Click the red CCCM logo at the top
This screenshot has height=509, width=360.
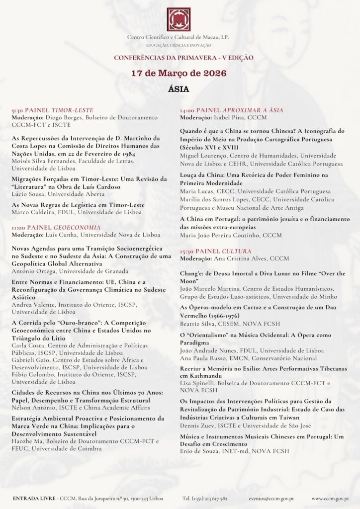pos(179,19)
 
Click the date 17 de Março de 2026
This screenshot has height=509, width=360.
pos(179,73)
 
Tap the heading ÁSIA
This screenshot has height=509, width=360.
pos(179,89)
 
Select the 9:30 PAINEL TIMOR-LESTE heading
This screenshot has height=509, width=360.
pos(52,110)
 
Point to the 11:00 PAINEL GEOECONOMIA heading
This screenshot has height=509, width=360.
pos(56,228)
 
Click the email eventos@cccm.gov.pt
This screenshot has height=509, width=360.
pos(271,498)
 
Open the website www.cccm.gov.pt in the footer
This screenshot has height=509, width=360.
pos(329,498)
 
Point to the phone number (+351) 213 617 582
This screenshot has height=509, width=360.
pos(205,498)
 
